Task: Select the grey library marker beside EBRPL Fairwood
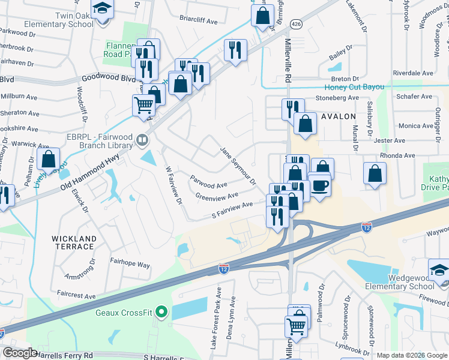click(142, 140)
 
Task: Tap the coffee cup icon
click(319, 184)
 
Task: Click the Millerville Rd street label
click(288, 59)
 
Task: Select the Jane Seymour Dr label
click(238, 166)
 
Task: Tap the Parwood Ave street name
click(209, 180)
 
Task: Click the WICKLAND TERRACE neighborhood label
click(74, 243)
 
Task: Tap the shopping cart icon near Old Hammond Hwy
click(143, 104)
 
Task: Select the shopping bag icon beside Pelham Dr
click(48, 159)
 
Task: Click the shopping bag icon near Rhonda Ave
click(375, 173)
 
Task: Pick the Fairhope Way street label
click(130, 264)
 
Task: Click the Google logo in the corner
click(20, 353)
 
